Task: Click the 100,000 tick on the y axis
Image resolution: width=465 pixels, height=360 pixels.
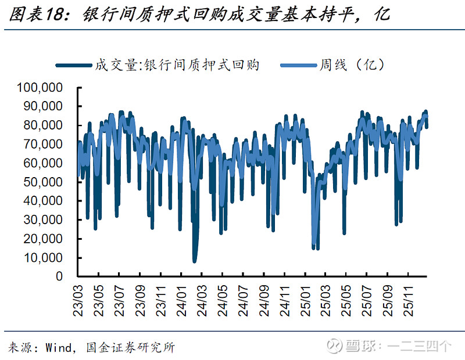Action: [42, 88]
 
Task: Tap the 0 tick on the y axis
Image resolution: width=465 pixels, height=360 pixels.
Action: [60, 276]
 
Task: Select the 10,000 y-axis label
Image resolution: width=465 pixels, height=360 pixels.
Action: [44, 257]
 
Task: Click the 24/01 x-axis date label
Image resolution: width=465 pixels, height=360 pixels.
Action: [181, 300]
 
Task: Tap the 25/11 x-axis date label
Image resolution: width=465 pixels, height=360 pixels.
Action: [409, 300]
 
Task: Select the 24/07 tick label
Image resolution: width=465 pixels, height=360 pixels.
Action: [243, 300]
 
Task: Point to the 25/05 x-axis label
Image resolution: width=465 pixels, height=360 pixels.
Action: [346, 300]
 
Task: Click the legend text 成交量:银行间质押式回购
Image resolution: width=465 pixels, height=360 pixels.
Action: [177, 65]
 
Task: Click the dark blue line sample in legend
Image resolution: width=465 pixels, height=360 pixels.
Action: [74, 66]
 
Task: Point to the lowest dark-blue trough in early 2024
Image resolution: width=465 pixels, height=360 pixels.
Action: [195, 261]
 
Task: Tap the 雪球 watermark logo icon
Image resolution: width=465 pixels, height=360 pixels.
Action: [333, 347]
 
